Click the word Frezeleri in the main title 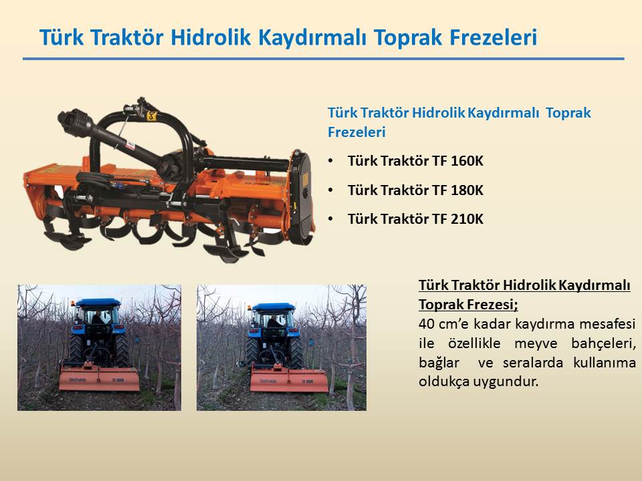pos(493,37)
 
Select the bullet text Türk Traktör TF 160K pos(415,161)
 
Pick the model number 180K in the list pos(467,190)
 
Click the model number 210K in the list pos(467,219)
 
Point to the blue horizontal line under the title pos(324,59)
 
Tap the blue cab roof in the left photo pos(98,303)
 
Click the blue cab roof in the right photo pos(273,307)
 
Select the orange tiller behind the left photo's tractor pos(100,377)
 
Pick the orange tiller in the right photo pos(289,378)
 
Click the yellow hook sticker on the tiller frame pos(152,116)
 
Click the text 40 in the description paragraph pos(426,324)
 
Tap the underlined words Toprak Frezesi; pos(468,305)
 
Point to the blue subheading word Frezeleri pos(356,132)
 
